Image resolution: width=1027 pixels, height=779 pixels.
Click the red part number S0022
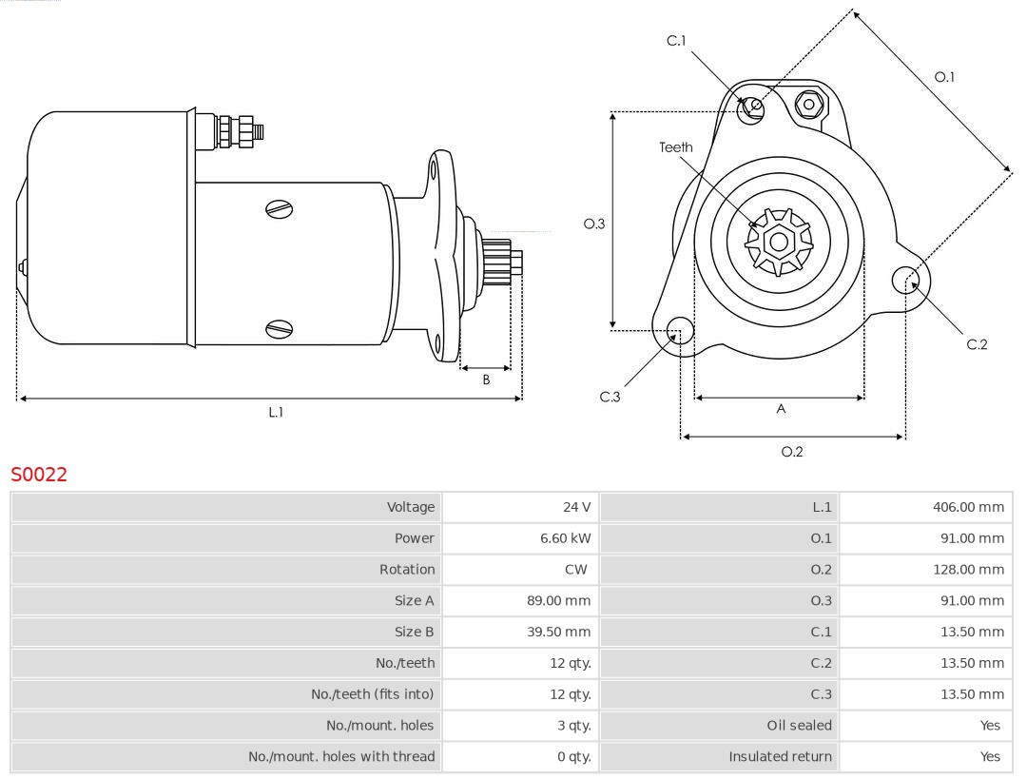click(x=39, y=474)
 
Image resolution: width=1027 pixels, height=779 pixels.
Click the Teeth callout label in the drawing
click(x=676, y=147)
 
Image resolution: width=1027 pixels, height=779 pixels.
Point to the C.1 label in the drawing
click(x=676, y=41)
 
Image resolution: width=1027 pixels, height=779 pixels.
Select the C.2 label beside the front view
click(x=977, y=344)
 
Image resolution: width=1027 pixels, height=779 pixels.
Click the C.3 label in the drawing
click(x=610, y=397)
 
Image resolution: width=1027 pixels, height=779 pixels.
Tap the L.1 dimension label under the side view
click(x=275, y=413)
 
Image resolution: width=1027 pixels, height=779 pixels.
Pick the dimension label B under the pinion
click(x=486, y=380)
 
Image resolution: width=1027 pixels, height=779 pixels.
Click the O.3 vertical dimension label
click(x=594, y=224)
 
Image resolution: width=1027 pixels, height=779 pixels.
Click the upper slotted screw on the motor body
click(x=280, y=209)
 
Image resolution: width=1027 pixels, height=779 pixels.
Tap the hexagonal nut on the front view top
click(x=808, y=104)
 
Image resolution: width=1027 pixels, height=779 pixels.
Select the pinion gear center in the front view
click(x=779, y=242)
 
